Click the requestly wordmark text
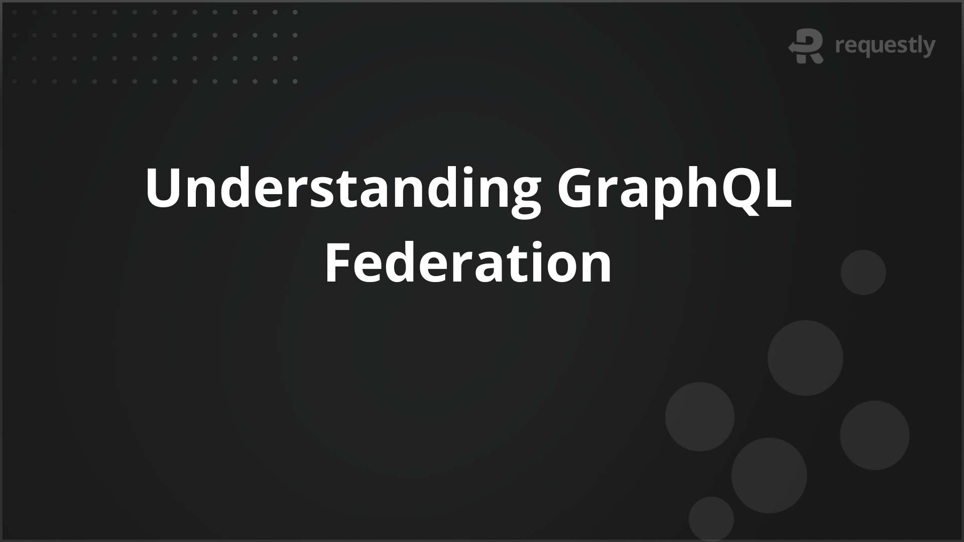[x=885, y=47]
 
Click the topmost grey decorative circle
[x=863, y=273]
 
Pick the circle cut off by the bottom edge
[x=711, y=519]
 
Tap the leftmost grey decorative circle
[x=699, y=417]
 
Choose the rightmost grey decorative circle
[x=875, y=435]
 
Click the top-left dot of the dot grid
[x=14, y=12]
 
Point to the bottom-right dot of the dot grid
[x=295, y=81]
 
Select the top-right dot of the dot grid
[x=295, y=12]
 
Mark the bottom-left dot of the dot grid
[x=14, y=81]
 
